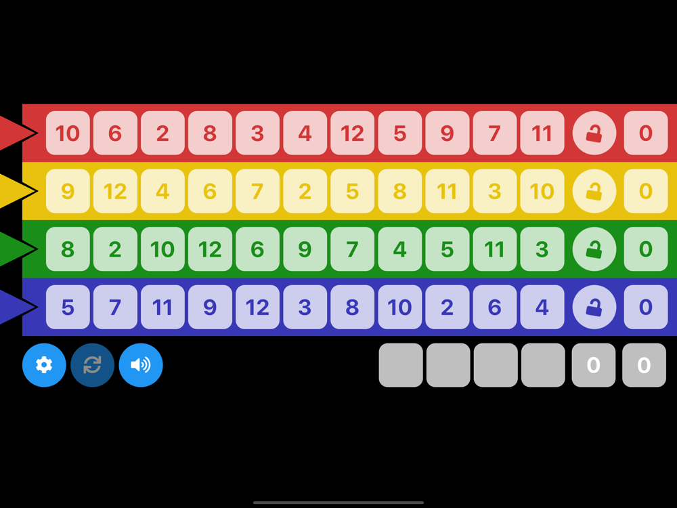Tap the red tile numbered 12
pos(352,133)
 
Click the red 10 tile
pos(68,133)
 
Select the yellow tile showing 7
pos(257,191)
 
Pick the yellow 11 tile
pos(447,191)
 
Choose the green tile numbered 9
pos(305,249)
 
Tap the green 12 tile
pos(210,249)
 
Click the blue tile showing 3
pos(305,307)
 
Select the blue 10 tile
pos(399,307)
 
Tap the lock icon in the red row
pos(594,133)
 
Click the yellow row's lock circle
pos(594,191)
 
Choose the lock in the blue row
pos(594,307)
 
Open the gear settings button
pos(44,365)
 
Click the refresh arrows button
pos(93,365)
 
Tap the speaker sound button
pos(141,365)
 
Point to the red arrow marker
pos(15,133)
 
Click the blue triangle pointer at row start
pos(15,307)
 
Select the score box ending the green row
pos(645,249)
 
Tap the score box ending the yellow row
pos(645,191)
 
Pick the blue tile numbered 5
pos(68,307)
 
